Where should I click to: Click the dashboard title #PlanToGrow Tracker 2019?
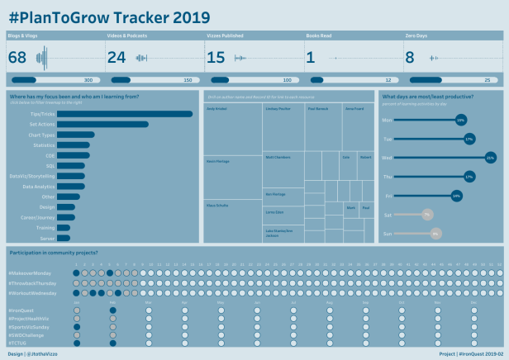(108, 17)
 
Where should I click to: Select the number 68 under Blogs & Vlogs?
(17, 58)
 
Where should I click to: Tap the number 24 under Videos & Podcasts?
(117, 58)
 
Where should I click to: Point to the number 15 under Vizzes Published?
(216, 58)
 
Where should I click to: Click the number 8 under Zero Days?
(410, 58)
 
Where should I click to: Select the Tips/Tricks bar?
(125, 114)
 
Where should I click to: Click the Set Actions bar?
(102, 125)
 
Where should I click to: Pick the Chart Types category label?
(42, 135)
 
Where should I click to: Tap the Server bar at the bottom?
(63, 238)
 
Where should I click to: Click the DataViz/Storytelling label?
(32, 176)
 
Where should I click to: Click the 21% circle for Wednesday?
(490, 157)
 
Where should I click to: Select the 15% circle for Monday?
(460, 120)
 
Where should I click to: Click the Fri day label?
(388, 196)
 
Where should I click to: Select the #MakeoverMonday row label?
(32, 272)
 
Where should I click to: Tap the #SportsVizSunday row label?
(30, 327)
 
